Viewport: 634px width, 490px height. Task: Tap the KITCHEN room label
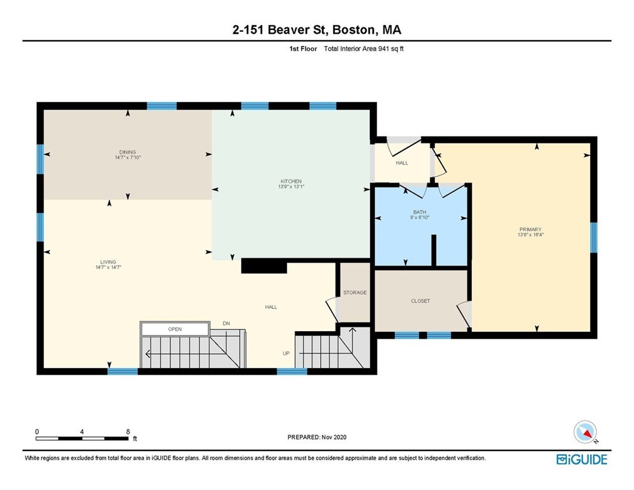pos(290,181)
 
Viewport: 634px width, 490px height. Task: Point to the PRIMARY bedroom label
pos(530,229)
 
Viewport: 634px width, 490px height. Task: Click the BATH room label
pos(419,212)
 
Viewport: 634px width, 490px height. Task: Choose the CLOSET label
pos(420,301)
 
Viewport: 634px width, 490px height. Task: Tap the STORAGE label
pos(355,292)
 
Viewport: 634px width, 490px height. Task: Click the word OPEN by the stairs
pos(175,329)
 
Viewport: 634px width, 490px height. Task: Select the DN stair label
pos(226,323)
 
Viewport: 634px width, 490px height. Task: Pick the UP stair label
pos(286,353)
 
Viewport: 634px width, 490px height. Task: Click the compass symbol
pos(585,432)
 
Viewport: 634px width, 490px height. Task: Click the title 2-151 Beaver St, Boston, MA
pos(316,30)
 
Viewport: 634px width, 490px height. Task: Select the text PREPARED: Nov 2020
pos(316,437)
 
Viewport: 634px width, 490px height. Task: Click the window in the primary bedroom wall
pos(593,237)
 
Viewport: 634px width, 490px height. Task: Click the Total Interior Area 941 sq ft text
pos(364,48)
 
